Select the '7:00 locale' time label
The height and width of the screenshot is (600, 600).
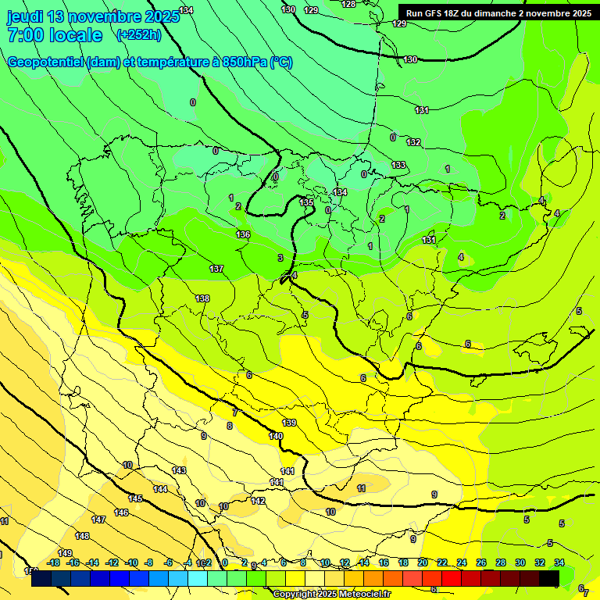pos(54,35)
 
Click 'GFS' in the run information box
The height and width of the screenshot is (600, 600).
pos(437,13)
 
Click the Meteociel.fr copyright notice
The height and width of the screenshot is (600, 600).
pos(332,594)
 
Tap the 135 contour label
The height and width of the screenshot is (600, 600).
pos(307,202)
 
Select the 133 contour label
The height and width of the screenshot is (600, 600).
pos(398,165)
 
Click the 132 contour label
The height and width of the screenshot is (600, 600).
pos(413,142)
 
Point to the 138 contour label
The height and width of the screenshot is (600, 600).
pos(202,298)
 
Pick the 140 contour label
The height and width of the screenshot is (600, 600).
pos(276,436)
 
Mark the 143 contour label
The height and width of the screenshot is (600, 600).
pos(179,470)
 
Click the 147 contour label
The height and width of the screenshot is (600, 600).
pos(98,520)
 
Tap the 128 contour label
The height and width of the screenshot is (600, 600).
pos(348,4)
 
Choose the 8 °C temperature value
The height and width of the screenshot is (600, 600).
pos(230,426)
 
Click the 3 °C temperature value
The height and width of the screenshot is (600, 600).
pos(280,257)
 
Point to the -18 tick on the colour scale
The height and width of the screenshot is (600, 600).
pos(53,562)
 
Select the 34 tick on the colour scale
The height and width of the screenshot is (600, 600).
pos(559,562)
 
